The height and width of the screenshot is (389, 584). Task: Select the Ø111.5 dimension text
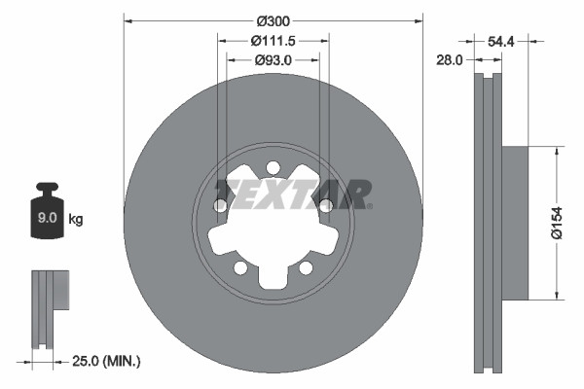pyautogui.click(x=274, y=41)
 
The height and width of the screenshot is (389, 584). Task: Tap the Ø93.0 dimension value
pyautogui.click(x=274, y=60)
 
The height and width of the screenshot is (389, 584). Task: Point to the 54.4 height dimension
pyautogui.click(x=500, y=42)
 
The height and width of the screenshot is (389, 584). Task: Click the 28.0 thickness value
pyautogui.click(x=451, y=60)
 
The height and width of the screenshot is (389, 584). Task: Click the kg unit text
pyautogui.click(x=75, y=220)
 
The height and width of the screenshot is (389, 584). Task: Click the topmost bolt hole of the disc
pyautogui.click(x=274, y=166)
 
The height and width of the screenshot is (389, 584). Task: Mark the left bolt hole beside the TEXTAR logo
pyautogui.click(x=221, y=205)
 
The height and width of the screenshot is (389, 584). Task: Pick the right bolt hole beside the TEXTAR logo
pyautogui.click(x=326, y=205)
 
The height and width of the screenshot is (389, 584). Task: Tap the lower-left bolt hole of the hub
pyautogui.click(x=240, y=267)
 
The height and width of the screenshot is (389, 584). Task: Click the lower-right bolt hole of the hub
pyautogui.click(x=306, y=267)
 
